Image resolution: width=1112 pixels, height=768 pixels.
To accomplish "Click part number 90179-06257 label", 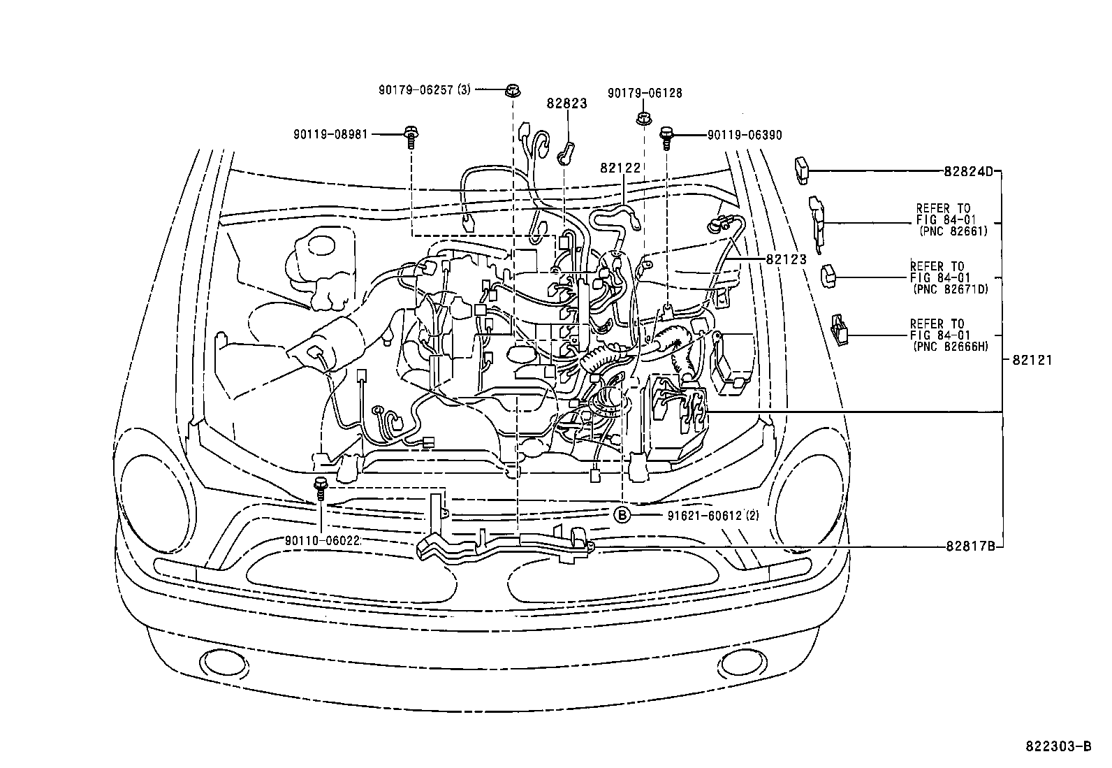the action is coord(416,90).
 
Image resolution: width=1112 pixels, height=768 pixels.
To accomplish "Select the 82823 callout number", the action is coord(567,103).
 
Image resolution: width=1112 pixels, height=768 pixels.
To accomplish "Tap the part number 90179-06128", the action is coord(645,93).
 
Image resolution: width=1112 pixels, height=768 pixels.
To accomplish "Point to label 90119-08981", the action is coord(330,135).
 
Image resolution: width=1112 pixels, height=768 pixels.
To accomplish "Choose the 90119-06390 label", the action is coord(745,135).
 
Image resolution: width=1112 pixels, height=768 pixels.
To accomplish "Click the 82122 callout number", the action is coord(620,168).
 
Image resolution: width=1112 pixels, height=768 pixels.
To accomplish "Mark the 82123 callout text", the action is coord(787,259).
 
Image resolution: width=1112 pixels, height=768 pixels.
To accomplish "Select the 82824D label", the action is coord(969,171).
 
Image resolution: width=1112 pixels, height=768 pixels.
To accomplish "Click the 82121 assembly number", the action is coord(1032,360).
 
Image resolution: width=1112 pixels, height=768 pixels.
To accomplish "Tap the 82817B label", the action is coord(970,546).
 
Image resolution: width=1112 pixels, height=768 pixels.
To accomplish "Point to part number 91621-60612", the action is coord(705,516).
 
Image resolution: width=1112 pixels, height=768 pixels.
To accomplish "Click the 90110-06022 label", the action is coord(322,541).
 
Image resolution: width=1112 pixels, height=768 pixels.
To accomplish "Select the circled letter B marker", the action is coord(622,515).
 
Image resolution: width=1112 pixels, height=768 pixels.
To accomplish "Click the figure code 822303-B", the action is coord(1059,746).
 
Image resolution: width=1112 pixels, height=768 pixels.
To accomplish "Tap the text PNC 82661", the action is coord(953,231).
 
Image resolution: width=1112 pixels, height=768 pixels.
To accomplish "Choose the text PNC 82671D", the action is coord(951,289).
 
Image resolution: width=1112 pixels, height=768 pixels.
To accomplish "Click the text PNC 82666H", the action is coord(951,347).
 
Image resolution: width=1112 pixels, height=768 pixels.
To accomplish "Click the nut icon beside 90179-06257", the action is coord(512,91).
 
